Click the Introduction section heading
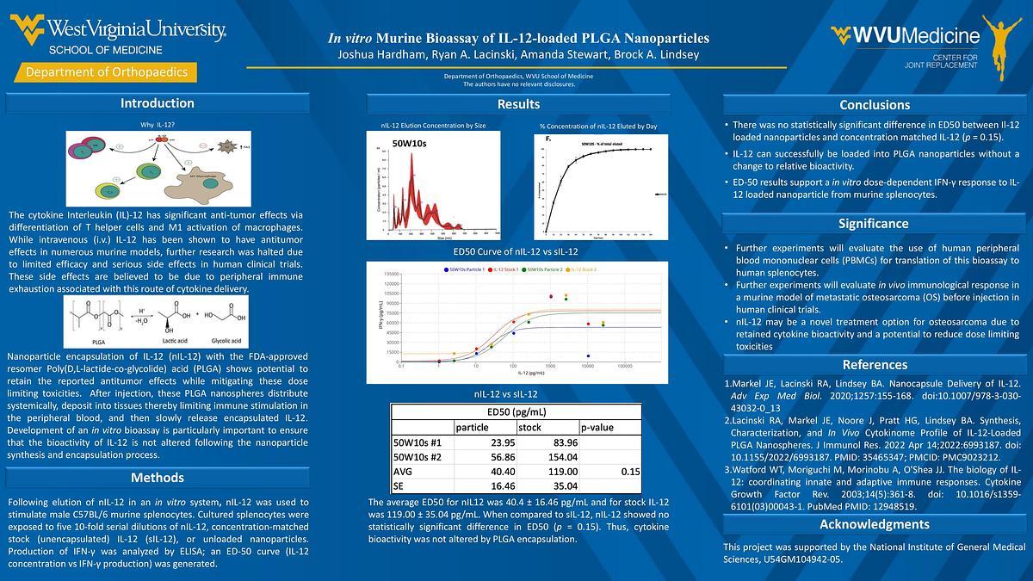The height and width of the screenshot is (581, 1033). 157,103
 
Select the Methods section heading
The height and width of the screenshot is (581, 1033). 157,478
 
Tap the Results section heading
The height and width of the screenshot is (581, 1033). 518,104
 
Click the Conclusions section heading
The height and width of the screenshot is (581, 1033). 874,105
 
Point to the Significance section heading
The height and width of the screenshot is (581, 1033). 874,224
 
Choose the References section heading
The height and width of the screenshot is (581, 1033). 874,364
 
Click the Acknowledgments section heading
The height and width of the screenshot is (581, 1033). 874,524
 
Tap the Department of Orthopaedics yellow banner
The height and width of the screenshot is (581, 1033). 107,72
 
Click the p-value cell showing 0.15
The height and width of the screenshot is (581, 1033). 630,472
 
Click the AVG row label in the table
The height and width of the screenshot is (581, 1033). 403,472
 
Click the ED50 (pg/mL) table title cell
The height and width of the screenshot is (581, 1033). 516,411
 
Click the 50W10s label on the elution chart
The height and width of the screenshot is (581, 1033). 409,143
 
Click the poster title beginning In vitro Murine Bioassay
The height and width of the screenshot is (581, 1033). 518,38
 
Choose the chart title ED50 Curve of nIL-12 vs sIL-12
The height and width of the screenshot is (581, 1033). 516,251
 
